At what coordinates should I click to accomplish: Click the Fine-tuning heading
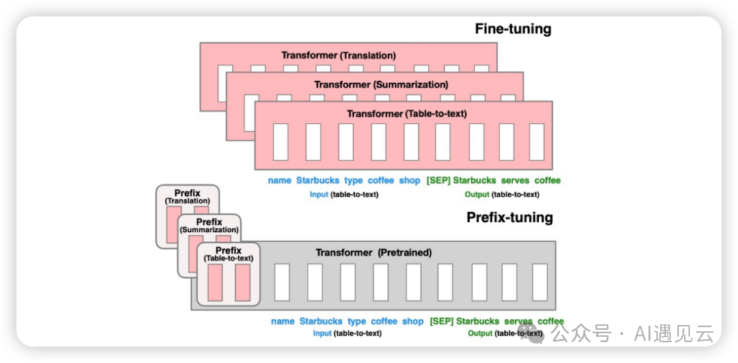tap(512, 29)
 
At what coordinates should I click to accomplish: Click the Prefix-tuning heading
tap(509, 218)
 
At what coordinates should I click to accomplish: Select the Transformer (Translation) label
tap(338, 55)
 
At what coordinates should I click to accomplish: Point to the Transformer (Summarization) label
tap(381, 85)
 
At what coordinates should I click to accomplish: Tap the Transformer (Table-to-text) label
tap(407, 114)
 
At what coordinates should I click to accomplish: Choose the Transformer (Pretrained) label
tap(373, 252)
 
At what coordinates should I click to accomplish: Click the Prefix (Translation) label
tap(187, 197)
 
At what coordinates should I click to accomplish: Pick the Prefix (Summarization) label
tap(209, 226)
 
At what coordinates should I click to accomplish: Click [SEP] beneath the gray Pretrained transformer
tap(441, 321)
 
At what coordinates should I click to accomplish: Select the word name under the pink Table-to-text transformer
tap(279, 181)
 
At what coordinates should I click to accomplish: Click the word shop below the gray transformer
tap(413, 321)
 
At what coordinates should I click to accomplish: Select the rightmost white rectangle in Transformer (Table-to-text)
tap(536, 142)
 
